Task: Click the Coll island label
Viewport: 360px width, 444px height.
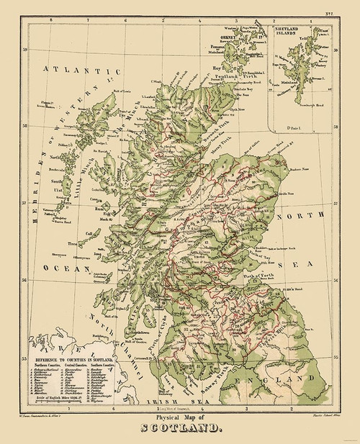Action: point(91,214)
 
